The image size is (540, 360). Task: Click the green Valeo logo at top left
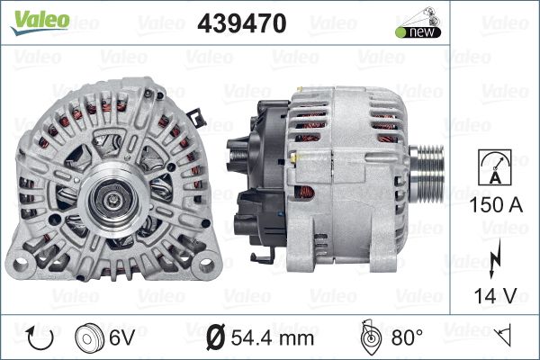click(40, 22)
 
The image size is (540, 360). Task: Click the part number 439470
click(242, 23)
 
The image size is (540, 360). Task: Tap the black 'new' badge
click(418, 32)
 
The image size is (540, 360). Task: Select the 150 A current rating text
click(496, 204)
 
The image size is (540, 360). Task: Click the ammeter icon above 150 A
click(495, 167)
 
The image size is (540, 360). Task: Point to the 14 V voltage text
click(495, 295)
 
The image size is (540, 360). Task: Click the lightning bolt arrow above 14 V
click(494, 258)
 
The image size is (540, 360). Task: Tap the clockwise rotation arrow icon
click(40, 338)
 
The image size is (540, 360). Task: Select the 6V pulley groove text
click(121, 337)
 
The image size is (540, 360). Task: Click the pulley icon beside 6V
click(89, 337)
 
